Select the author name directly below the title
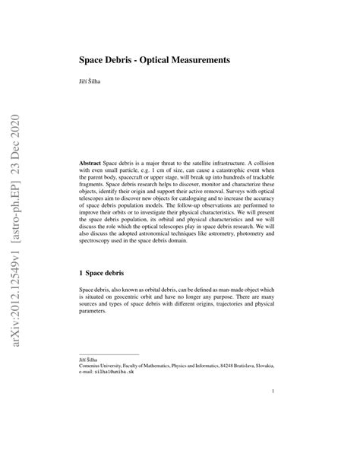pyautogui.click(x=90, y=81)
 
